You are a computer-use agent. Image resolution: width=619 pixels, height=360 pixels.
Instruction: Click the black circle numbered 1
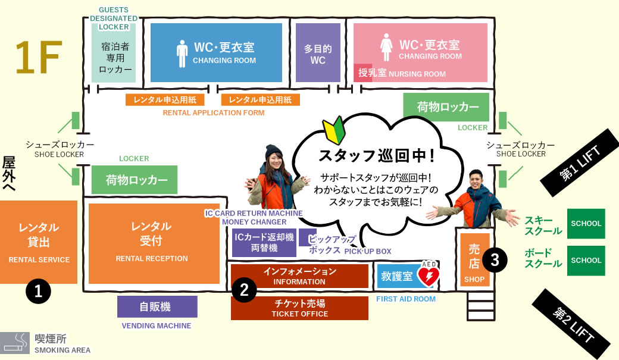(38, 292)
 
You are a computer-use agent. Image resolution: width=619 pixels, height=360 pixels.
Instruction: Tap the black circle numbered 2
(245, 290)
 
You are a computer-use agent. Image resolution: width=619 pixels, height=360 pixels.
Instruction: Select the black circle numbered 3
(495, 260)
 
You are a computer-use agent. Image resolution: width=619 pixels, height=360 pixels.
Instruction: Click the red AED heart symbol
(429, 276)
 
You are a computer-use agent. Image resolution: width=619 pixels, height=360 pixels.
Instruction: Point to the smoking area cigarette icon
(15, 343)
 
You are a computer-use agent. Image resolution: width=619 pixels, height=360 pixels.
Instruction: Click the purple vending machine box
(157, 306)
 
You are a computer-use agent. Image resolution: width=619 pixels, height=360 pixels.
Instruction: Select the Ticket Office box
(299, 308)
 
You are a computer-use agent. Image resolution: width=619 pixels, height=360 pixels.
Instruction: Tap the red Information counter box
(299, 276)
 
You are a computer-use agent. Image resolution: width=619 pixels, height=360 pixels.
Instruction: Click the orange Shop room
(474, 260)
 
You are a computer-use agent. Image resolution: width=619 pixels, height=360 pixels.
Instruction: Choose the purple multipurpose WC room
(318, 52)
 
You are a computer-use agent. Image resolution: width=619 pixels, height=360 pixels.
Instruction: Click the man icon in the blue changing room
(182, 54)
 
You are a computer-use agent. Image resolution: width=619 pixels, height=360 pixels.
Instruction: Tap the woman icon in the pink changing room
(386, 47)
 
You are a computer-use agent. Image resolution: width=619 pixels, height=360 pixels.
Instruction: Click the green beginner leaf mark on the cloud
(333, 129)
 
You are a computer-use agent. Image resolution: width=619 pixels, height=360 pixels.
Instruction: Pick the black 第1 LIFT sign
(580, 162)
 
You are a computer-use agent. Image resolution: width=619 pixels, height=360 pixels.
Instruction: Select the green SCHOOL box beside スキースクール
(586, 223)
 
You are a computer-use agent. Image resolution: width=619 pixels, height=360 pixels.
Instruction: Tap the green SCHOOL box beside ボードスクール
(586, 261)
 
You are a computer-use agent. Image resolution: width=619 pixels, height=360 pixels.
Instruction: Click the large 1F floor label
(39, 57)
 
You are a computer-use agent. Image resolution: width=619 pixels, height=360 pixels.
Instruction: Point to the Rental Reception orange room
(154, 243)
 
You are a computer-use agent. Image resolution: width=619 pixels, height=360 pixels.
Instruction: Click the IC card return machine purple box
(264, 242)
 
